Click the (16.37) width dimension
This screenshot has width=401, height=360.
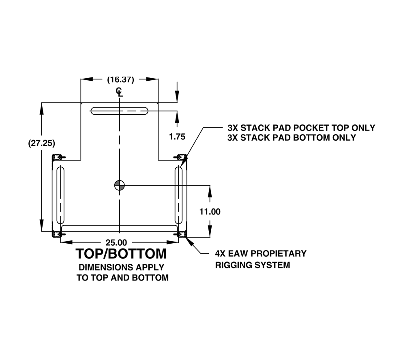point(120,80)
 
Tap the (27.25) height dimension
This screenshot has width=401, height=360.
point(42,143)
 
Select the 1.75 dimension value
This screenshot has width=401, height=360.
point(177,137)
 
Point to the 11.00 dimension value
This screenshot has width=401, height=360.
point(210,212)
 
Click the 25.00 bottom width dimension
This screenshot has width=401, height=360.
point(116,242)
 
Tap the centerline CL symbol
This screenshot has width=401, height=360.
point(120,92)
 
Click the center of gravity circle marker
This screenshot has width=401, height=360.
point(120,185)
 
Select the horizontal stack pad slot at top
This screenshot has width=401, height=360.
point(120,111)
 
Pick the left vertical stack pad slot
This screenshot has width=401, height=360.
point(60,195)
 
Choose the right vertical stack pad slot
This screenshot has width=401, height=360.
point(178,195)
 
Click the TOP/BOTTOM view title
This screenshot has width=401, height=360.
point(121,254)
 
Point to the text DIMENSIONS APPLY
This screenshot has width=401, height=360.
point(122,267)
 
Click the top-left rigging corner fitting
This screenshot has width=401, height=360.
point(58,157)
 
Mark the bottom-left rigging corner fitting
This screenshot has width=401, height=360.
point(58,234)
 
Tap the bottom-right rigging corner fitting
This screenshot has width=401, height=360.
point(181,234)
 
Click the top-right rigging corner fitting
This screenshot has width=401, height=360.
point(181,157)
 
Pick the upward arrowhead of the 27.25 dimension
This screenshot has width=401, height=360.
point(42,109)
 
